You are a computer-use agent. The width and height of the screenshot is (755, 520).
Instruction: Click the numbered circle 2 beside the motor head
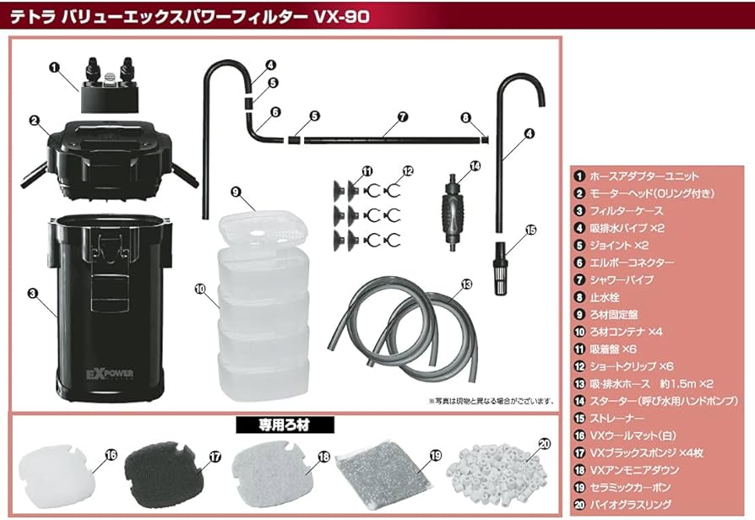[x=34, y=121]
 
